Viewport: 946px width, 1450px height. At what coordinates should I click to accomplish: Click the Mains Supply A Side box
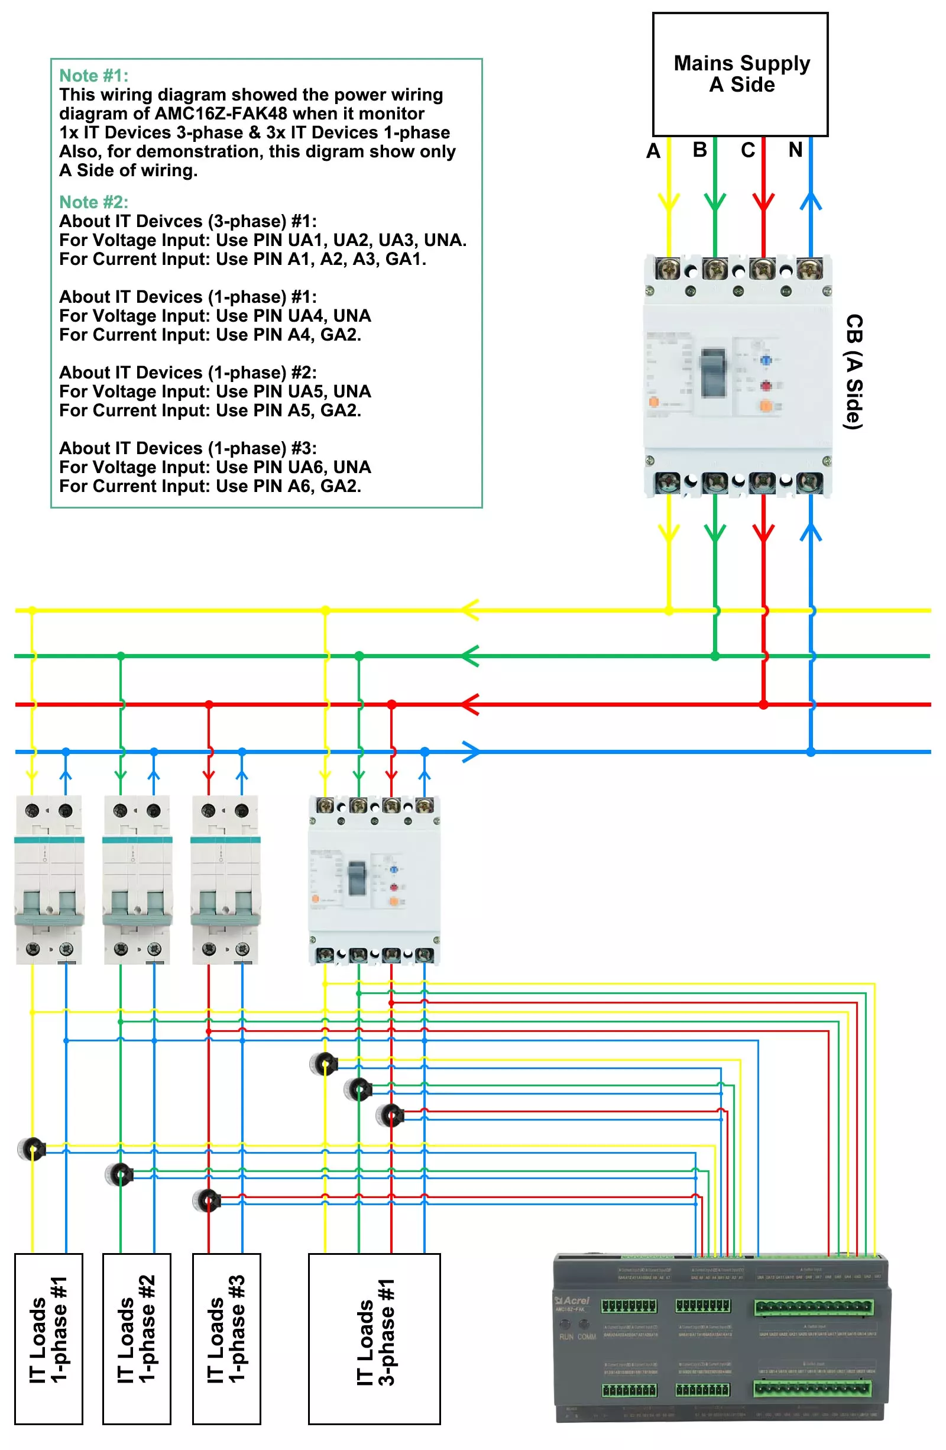(x=740, y=74)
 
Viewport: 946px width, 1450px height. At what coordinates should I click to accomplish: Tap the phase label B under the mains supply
(x=699, y=149)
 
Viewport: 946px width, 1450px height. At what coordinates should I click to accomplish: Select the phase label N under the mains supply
(x=794, y=149)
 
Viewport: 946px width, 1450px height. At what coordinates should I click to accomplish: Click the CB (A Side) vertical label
(x=853, y=371)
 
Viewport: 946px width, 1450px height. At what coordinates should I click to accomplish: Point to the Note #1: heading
(x=94, y=76)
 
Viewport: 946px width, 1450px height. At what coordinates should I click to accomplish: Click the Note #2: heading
(x=94, y=202)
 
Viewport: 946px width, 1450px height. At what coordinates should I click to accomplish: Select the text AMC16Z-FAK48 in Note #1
(x=221, y=114)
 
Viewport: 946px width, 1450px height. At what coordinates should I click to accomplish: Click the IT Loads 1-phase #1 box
(x=48, y=1338)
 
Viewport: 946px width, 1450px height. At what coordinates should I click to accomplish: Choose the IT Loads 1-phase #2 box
(x=137, y=1338)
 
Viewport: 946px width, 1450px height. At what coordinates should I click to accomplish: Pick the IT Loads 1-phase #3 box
(x=226, y=1338)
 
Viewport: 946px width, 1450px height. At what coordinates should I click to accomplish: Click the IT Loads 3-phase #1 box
(x=374, y=1338)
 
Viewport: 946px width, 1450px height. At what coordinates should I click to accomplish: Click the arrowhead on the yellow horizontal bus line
(x=469, y=609)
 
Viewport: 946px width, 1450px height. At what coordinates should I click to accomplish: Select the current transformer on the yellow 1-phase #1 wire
(x=32, y=1148)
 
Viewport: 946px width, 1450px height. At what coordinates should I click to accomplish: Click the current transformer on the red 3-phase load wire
(x=390, y=1115)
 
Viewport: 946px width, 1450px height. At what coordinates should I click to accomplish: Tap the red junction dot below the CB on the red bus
(x=763, y=704)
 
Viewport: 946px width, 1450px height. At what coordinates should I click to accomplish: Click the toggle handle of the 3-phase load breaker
(x=357, y=878)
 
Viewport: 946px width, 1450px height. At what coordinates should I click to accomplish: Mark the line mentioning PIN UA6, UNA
(x=215, y=467)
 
